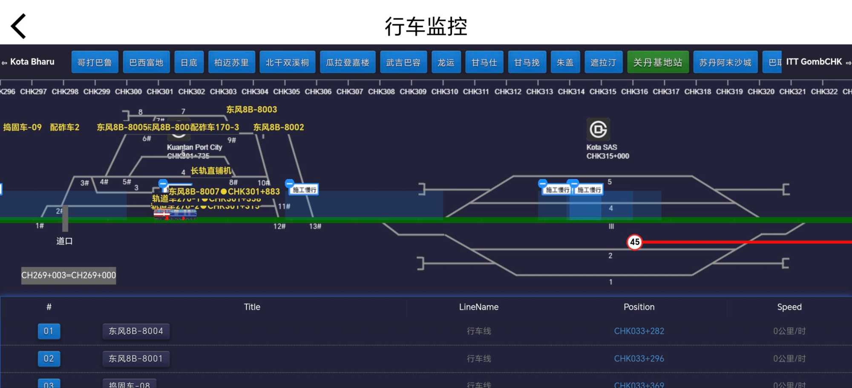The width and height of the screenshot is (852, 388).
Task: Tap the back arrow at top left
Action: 18,26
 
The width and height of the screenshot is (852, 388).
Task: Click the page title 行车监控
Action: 426,26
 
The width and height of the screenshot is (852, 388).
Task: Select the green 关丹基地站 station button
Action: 658,62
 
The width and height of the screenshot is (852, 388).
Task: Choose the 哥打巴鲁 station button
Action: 95,62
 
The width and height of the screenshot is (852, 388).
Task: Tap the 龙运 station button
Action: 446,62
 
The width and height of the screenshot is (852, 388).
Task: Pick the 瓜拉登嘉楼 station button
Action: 348,62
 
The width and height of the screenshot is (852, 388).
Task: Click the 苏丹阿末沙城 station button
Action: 725,62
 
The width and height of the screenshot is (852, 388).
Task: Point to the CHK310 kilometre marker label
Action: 444,91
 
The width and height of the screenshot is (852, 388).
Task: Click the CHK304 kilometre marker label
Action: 255,91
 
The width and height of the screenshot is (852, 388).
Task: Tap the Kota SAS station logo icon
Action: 598,129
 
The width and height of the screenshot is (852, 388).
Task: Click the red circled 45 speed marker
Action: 635,242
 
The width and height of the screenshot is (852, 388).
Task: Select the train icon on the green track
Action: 175,214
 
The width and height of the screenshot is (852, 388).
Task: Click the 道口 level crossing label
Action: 64,241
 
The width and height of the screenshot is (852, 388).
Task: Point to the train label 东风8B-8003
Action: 251,110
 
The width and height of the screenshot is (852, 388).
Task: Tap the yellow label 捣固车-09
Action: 23,127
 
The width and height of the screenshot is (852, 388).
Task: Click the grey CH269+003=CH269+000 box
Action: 69,275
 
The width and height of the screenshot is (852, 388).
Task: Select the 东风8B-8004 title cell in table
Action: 136,331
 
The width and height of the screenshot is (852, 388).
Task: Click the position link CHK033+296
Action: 639,359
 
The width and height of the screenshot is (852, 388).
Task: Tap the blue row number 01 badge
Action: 49,331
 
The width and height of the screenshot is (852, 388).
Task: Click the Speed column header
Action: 789,307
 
